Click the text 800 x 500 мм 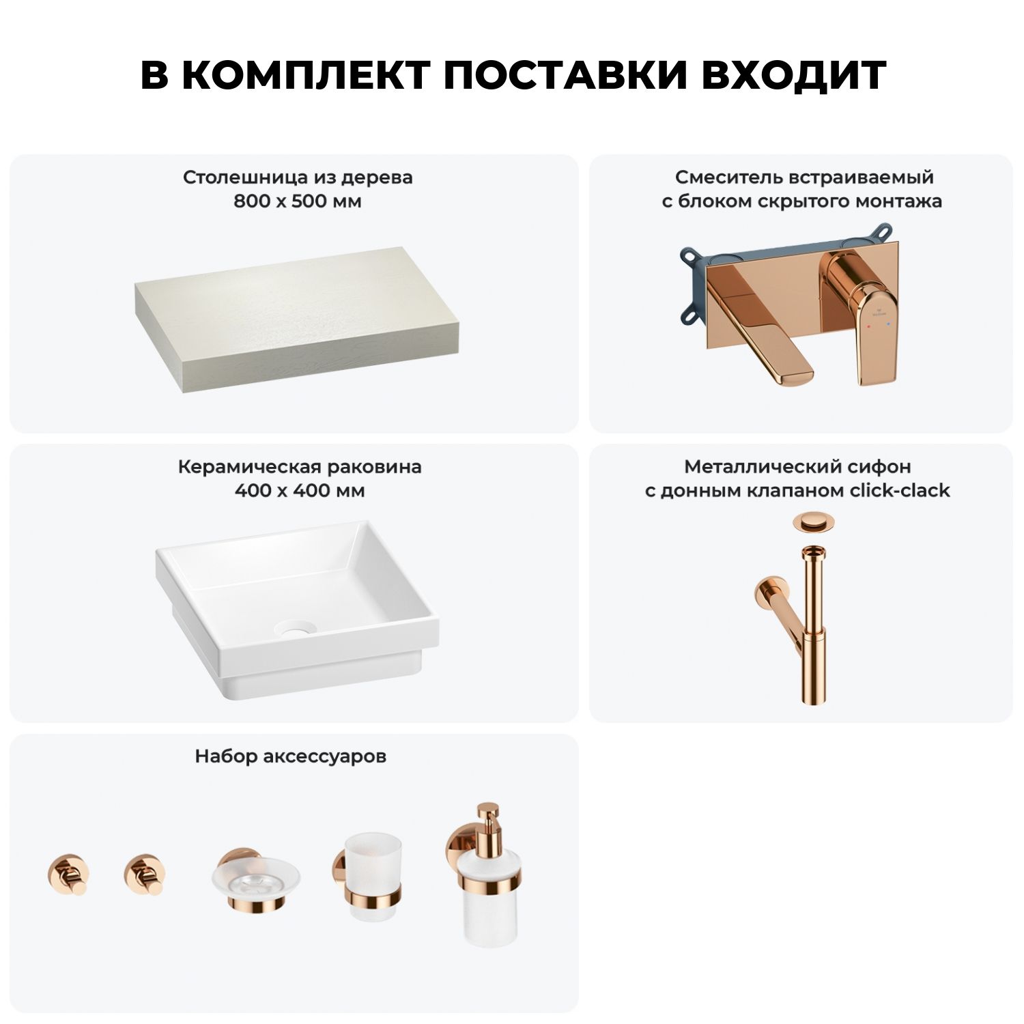point(298,201)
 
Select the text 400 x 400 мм point(300,491)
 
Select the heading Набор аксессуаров point(291,756)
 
